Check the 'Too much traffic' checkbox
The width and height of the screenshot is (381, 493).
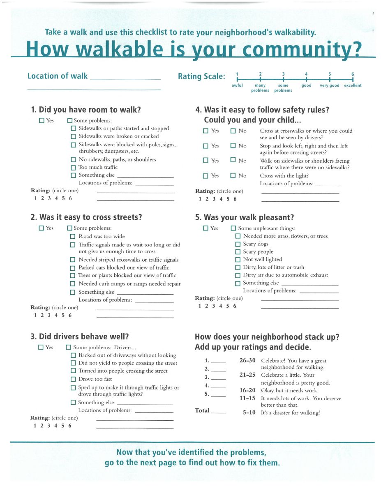tap(74, 168)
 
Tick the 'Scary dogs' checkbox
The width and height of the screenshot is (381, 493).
tap(238, 244)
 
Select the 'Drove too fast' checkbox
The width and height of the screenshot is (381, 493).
tap(74, 379)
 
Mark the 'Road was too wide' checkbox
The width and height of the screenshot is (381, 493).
tap(73, 237)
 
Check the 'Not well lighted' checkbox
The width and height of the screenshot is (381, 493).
tap(238, 260)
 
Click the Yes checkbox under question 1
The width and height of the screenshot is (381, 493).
tap(42, 121)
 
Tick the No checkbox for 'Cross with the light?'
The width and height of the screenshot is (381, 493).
tap(233, 176)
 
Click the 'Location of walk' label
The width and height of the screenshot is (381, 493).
tap(58, 76)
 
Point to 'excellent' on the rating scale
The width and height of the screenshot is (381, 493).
tap(353, 85)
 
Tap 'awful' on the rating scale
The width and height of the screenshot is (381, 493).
tap(237, 85)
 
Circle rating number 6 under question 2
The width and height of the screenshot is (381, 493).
tap(70, 316)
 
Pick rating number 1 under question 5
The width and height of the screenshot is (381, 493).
tap(200, 306)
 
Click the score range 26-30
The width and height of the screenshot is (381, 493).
tap(247, 360)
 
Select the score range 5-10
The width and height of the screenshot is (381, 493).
tap(249, 412)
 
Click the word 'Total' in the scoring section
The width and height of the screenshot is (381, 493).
tap(202, 410)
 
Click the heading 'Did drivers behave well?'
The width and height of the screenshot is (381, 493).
tap(84, 336)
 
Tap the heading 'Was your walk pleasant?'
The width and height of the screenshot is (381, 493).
tap(249, 218)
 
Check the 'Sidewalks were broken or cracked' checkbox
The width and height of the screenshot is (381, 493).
tap(74, 136)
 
